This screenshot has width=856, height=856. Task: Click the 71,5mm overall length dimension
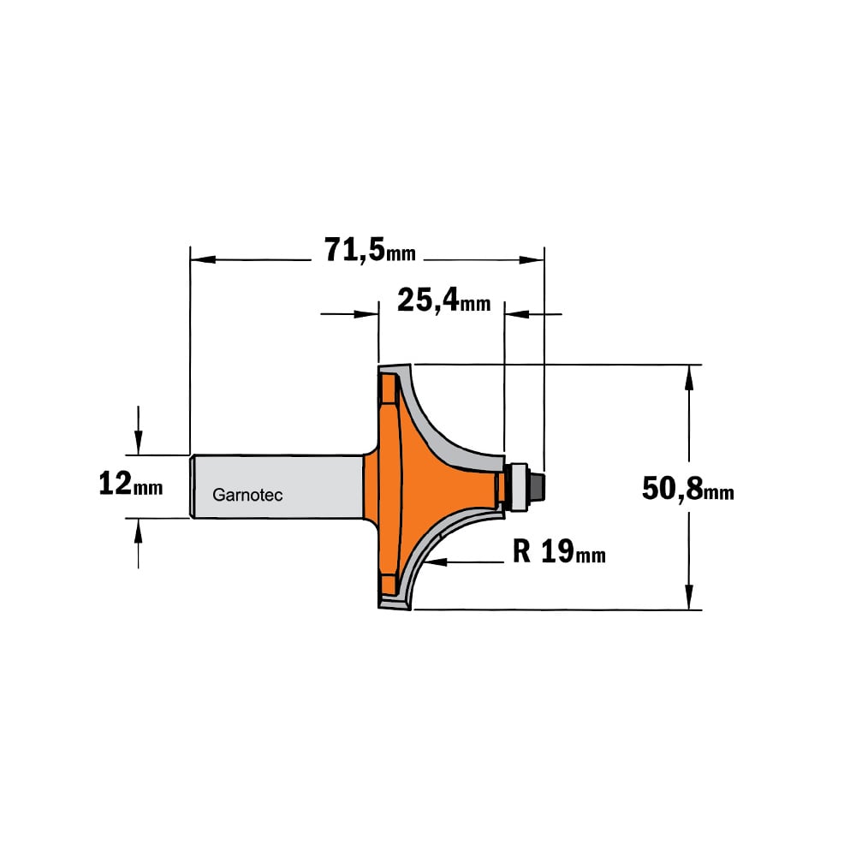(x=370, y=250)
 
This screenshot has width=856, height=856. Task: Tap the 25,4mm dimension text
(x=443, y=300)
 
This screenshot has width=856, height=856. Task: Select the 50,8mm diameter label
(x=688, y=488)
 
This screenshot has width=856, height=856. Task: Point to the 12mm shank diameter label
(x=130, y=484)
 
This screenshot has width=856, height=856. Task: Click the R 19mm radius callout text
(x=559, y=551)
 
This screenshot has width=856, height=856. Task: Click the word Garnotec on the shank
(x=247, y=495)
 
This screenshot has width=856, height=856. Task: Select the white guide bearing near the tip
(x=518, y=487)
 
